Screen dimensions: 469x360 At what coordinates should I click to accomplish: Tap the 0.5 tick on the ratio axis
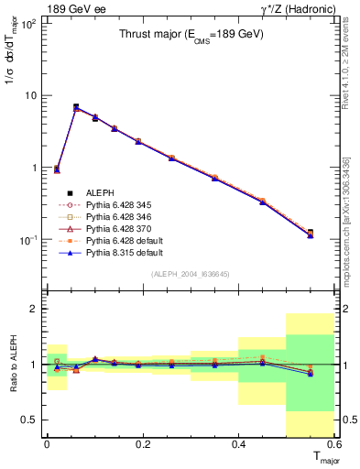(x=33, y=420)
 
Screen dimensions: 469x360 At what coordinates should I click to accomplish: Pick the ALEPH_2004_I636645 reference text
(x=191, y=273)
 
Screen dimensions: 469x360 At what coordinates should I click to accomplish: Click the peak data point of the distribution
(x=76, y=107)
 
